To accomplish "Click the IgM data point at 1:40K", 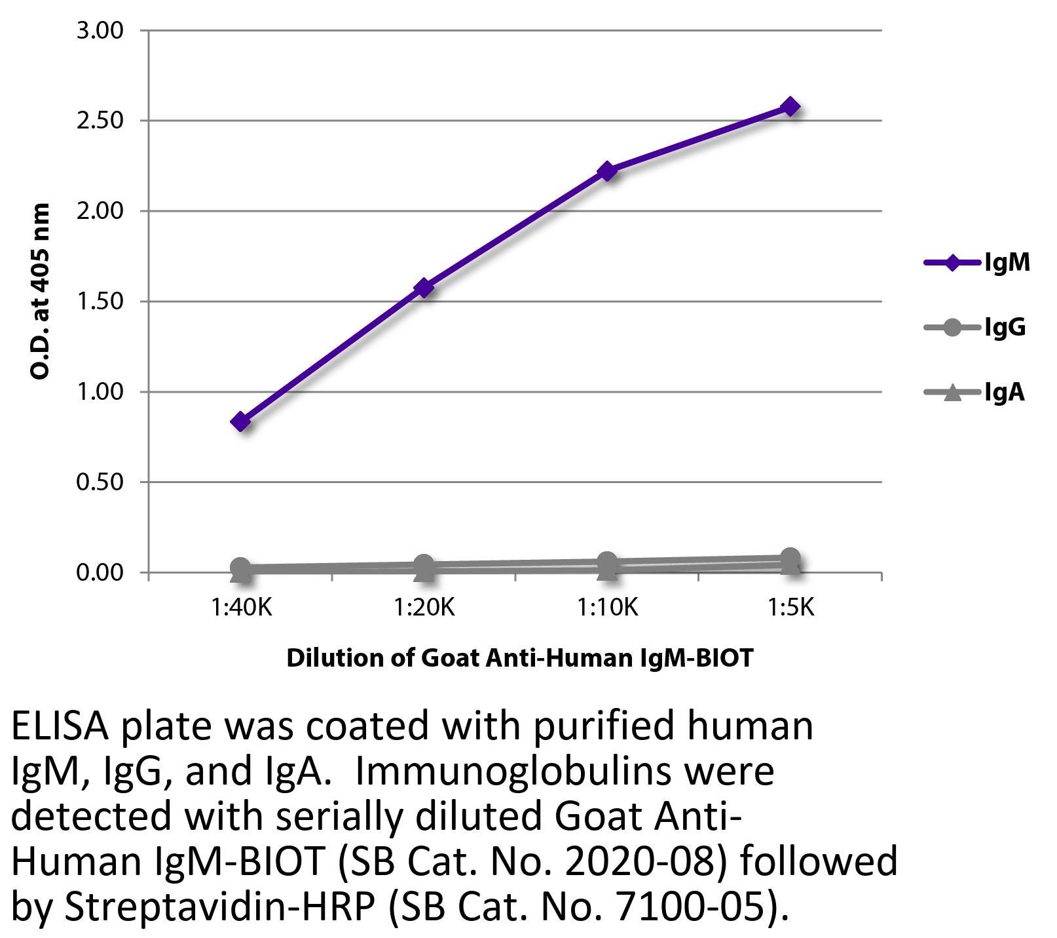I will [240, 421].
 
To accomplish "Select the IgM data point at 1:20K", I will [424, 287].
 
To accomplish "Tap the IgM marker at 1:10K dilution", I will [607, 171].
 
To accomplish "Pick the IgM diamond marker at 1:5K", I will [790, 106].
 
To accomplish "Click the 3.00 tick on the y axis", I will [100, 31].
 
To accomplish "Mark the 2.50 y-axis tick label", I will [100, 121].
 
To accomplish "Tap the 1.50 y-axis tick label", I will [100, 302].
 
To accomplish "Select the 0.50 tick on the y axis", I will [100, 482].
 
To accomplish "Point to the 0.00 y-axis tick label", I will [100, 573].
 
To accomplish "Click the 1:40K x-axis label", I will [240, 608].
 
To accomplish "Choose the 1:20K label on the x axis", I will [424, 608].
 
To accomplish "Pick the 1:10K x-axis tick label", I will [607, 608].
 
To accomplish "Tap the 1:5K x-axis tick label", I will [790, 608].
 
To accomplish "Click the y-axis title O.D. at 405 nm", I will [41, 292].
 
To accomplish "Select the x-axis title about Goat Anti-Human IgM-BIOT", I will [520, 657].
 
